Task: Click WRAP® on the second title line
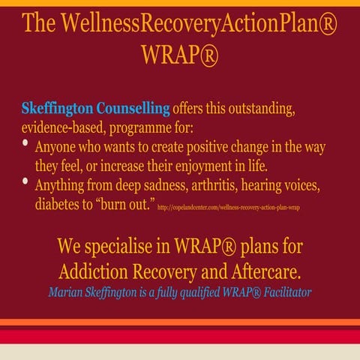click(179, 54)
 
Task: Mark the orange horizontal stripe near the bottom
click(180, 322)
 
